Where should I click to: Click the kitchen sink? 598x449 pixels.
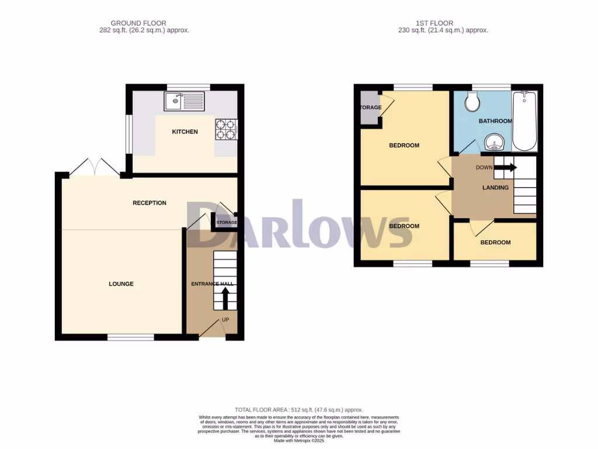click(x=185, y=102)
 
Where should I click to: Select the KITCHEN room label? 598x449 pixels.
click(x=185, y=132)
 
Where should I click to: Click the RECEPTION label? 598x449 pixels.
click(x=149, y=203)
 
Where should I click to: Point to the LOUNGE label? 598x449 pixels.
click(x=121, y=284)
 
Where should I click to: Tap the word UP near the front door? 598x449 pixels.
click(x=225, y=320)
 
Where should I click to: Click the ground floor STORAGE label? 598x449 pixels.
click(x=227, y=223)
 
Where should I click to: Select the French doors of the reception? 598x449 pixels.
click(x=95, y=167)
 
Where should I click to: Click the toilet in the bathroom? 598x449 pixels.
click(x=472, y=103)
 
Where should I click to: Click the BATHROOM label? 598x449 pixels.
click(x=495, y=121)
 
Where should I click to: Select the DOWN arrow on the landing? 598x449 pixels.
click(x=505, y=167)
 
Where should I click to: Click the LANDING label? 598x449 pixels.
click(x=495, y=188)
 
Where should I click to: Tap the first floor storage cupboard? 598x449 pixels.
click(x=369, y=108)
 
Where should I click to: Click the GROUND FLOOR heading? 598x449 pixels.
click(x=144, y=23)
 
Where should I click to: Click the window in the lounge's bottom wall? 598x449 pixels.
click(x=130, y=337)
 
